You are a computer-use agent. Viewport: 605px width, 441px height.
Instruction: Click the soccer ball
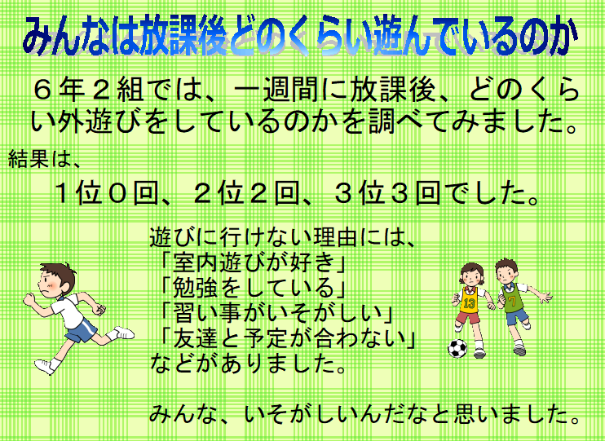pos(457,348)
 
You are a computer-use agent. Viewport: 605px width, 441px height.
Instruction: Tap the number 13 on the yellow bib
pos(469,303)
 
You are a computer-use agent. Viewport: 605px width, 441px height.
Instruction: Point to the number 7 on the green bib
pos(512,300)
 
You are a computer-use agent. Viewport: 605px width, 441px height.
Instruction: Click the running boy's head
pos(57,280)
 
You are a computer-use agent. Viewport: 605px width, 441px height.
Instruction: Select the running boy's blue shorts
pos(82,331)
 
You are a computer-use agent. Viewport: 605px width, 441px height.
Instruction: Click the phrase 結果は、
pos(44,159)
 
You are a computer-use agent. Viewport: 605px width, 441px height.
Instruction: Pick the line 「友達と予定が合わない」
pos(289,338)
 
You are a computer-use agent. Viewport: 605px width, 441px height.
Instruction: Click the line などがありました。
pos(248,364)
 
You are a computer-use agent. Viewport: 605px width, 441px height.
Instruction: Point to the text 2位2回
pos(247,193)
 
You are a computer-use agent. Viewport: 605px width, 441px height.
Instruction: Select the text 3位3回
pos(388,193)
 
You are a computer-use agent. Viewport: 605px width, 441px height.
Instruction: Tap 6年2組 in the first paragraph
pos(88,90)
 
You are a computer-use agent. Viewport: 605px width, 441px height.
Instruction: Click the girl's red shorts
pos(468,318)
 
